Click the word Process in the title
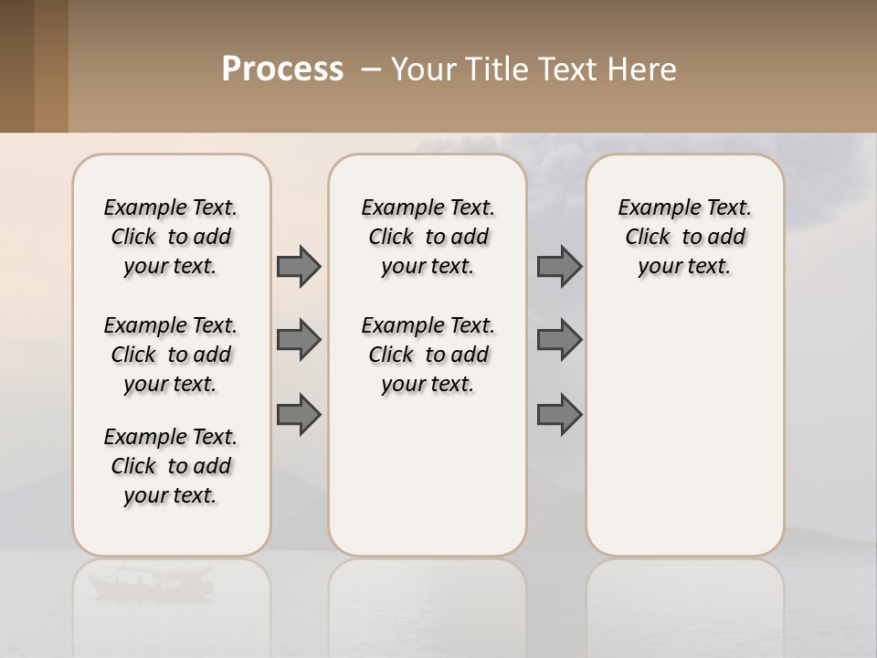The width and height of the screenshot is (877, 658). [282, 69]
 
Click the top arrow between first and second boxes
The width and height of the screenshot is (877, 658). [299, 266]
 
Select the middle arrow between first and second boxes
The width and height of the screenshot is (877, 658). [299, 340]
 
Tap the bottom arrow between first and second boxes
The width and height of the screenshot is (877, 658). [299, 415]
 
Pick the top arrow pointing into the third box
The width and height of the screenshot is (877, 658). [559, 266]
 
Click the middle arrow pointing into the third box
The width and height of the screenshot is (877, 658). [559, 340]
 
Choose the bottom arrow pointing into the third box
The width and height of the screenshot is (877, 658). [559, 415]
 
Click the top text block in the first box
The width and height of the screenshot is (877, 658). [171, 237]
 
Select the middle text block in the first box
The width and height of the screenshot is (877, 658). [171, 355]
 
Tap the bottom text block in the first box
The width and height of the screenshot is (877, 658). [171, 466]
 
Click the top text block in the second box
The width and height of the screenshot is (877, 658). [428, 237]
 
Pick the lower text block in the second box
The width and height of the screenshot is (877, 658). [428, 355]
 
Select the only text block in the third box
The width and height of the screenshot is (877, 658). [684, 237]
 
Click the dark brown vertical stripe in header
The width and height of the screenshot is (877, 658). [16, 66]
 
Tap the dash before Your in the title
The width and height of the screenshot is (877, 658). [371, 69]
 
